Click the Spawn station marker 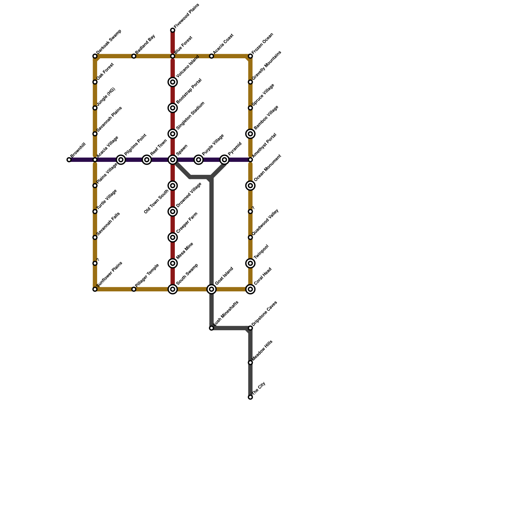(x=173, y=160)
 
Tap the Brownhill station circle (x=69, y=160)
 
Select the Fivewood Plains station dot (x=173, y=30)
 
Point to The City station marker (x=250, y=397)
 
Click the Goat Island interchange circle (x=211, y=289)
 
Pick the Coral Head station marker (x=250, y=289)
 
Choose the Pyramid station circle (x=224, y=160)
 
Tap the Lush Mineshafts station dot (x=211, y=328)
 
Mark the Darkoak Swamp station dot (x=95, y=56)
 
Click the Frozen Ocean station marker (x=250, y=56)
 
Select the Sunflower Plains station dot (x=95, y=289)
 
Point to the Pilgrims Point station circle (x=121, y=160)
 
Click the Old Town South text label (x=156, y=201)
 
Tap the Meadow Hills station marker (x=250, y=363)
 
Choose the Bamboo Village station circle (x=250, y=134)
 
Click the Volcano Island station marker (x=173, y=82)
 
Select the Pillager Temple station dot (x=134, y=289)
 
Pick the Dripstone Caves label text (x=265, y=313)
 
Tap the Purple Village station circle (x=198, y=160)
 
